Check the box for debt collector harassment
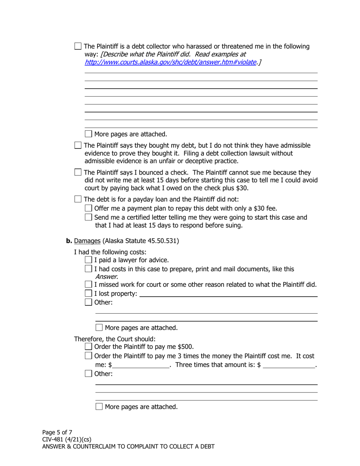click(78, 46)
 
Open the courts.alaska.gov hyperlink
click(171, 62)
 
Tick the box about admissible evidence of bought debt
click(78, 145)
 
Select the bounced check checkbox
click(78, 172)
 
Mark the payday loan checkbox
click(78, 199)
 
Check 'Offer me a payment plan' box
click(88, 208)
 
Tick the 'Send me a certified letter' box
click(88, 217)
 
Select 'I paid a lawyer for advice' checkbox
click(88, 260)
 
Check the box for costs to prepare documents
click(88, 269)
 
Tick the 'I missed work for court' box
click(88, 284)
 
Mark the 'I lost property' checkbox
click(88, 293)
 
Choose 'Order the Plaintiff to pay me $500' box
click(88, 346)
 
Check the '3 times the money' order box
click(88, 356)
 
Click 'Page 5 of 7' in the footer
click(57, 432)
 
